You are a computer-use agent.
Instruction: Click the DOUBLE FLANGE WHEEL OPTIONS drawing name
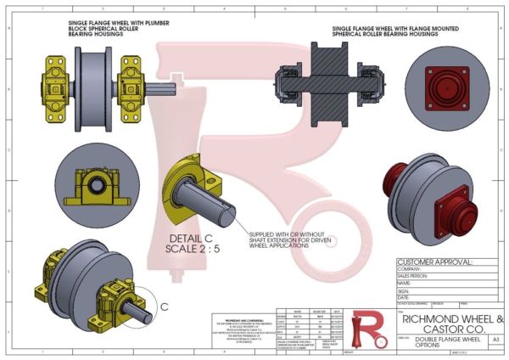(x=443, y=341)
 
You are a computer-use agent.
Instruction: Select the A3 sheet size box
(x=495, y=339)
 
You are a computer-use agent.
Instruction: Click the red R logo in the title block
(x=369, y=327)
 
